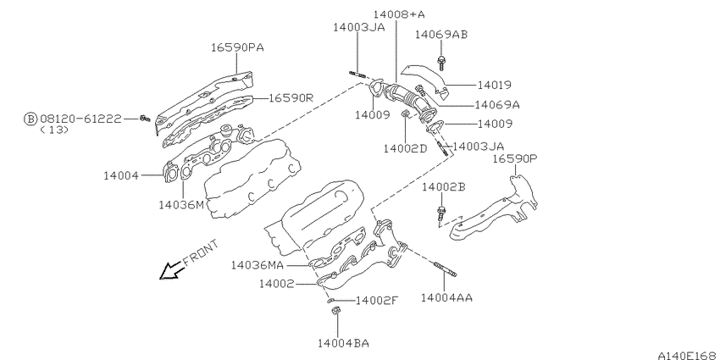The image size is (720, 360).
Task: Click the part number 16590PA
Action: point(237,47)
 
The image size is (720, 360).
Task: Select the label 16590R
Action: point(291,97)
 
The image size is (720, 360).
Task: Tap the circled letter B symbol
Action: point(30,119)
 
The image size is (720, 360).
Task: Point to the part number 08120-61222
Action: point(80,119)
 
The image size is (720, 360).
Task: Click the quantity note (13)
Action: point(54,130)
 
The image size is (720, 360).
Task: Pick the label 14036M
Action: point(181,205)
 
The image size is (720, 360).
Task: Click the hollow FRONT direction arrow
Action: point(172,271)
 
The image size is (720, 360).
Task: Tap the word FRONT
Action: point(201,253)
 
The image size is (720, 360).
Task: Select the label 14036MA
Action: point(258,265)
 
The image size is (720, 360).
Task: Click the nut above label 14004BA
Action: point(335,312)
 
